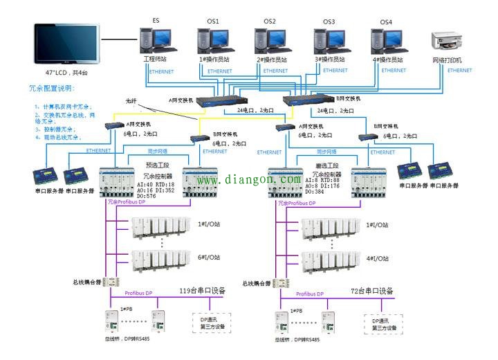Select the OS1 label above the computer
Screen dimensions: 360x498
click(212, 21)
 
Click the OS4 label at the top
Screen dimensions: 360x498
click(386, 22)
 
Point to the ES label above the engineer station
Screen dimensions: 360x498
click(156, 21)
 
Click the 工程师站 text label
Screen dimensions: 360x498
click(156, 60)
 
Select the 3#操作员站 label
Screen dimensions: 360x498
click(331, 60)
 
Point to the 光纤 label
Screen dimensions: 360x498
click(131, 101)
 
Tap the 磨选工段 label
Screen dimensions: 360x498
click(324, 165)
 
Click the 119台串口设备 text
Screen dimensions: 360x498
click(202, 291)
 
